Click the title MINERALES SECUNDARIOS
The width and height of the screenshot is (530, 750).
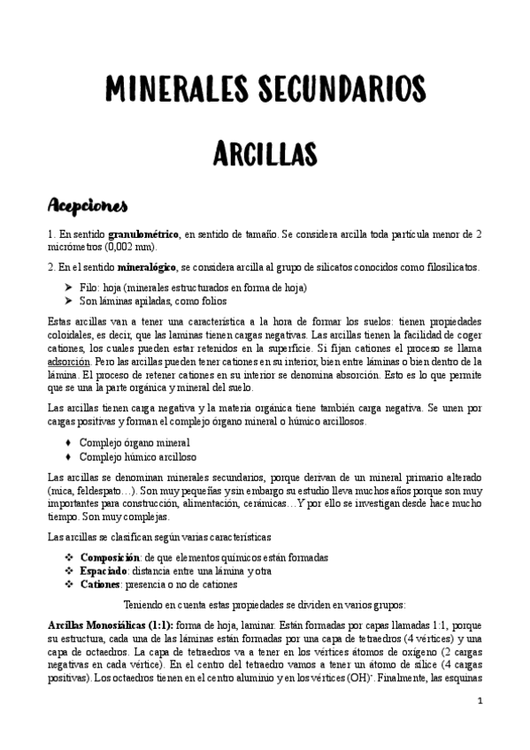(x=265, y=88)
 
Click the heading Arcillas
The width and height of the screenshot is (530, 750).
(x=265, y=153)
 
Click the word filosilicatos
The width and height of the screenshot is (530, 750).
(x=447, y=266)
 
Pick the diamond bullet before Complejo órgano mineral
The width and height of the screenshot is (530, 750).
(x=68, y=441)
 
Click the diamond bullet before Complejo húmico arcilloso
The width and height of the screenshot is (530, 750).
(x=68, y=455)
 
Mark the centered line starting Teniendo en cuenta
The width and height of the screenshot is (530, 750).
(x=265, y=605)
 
